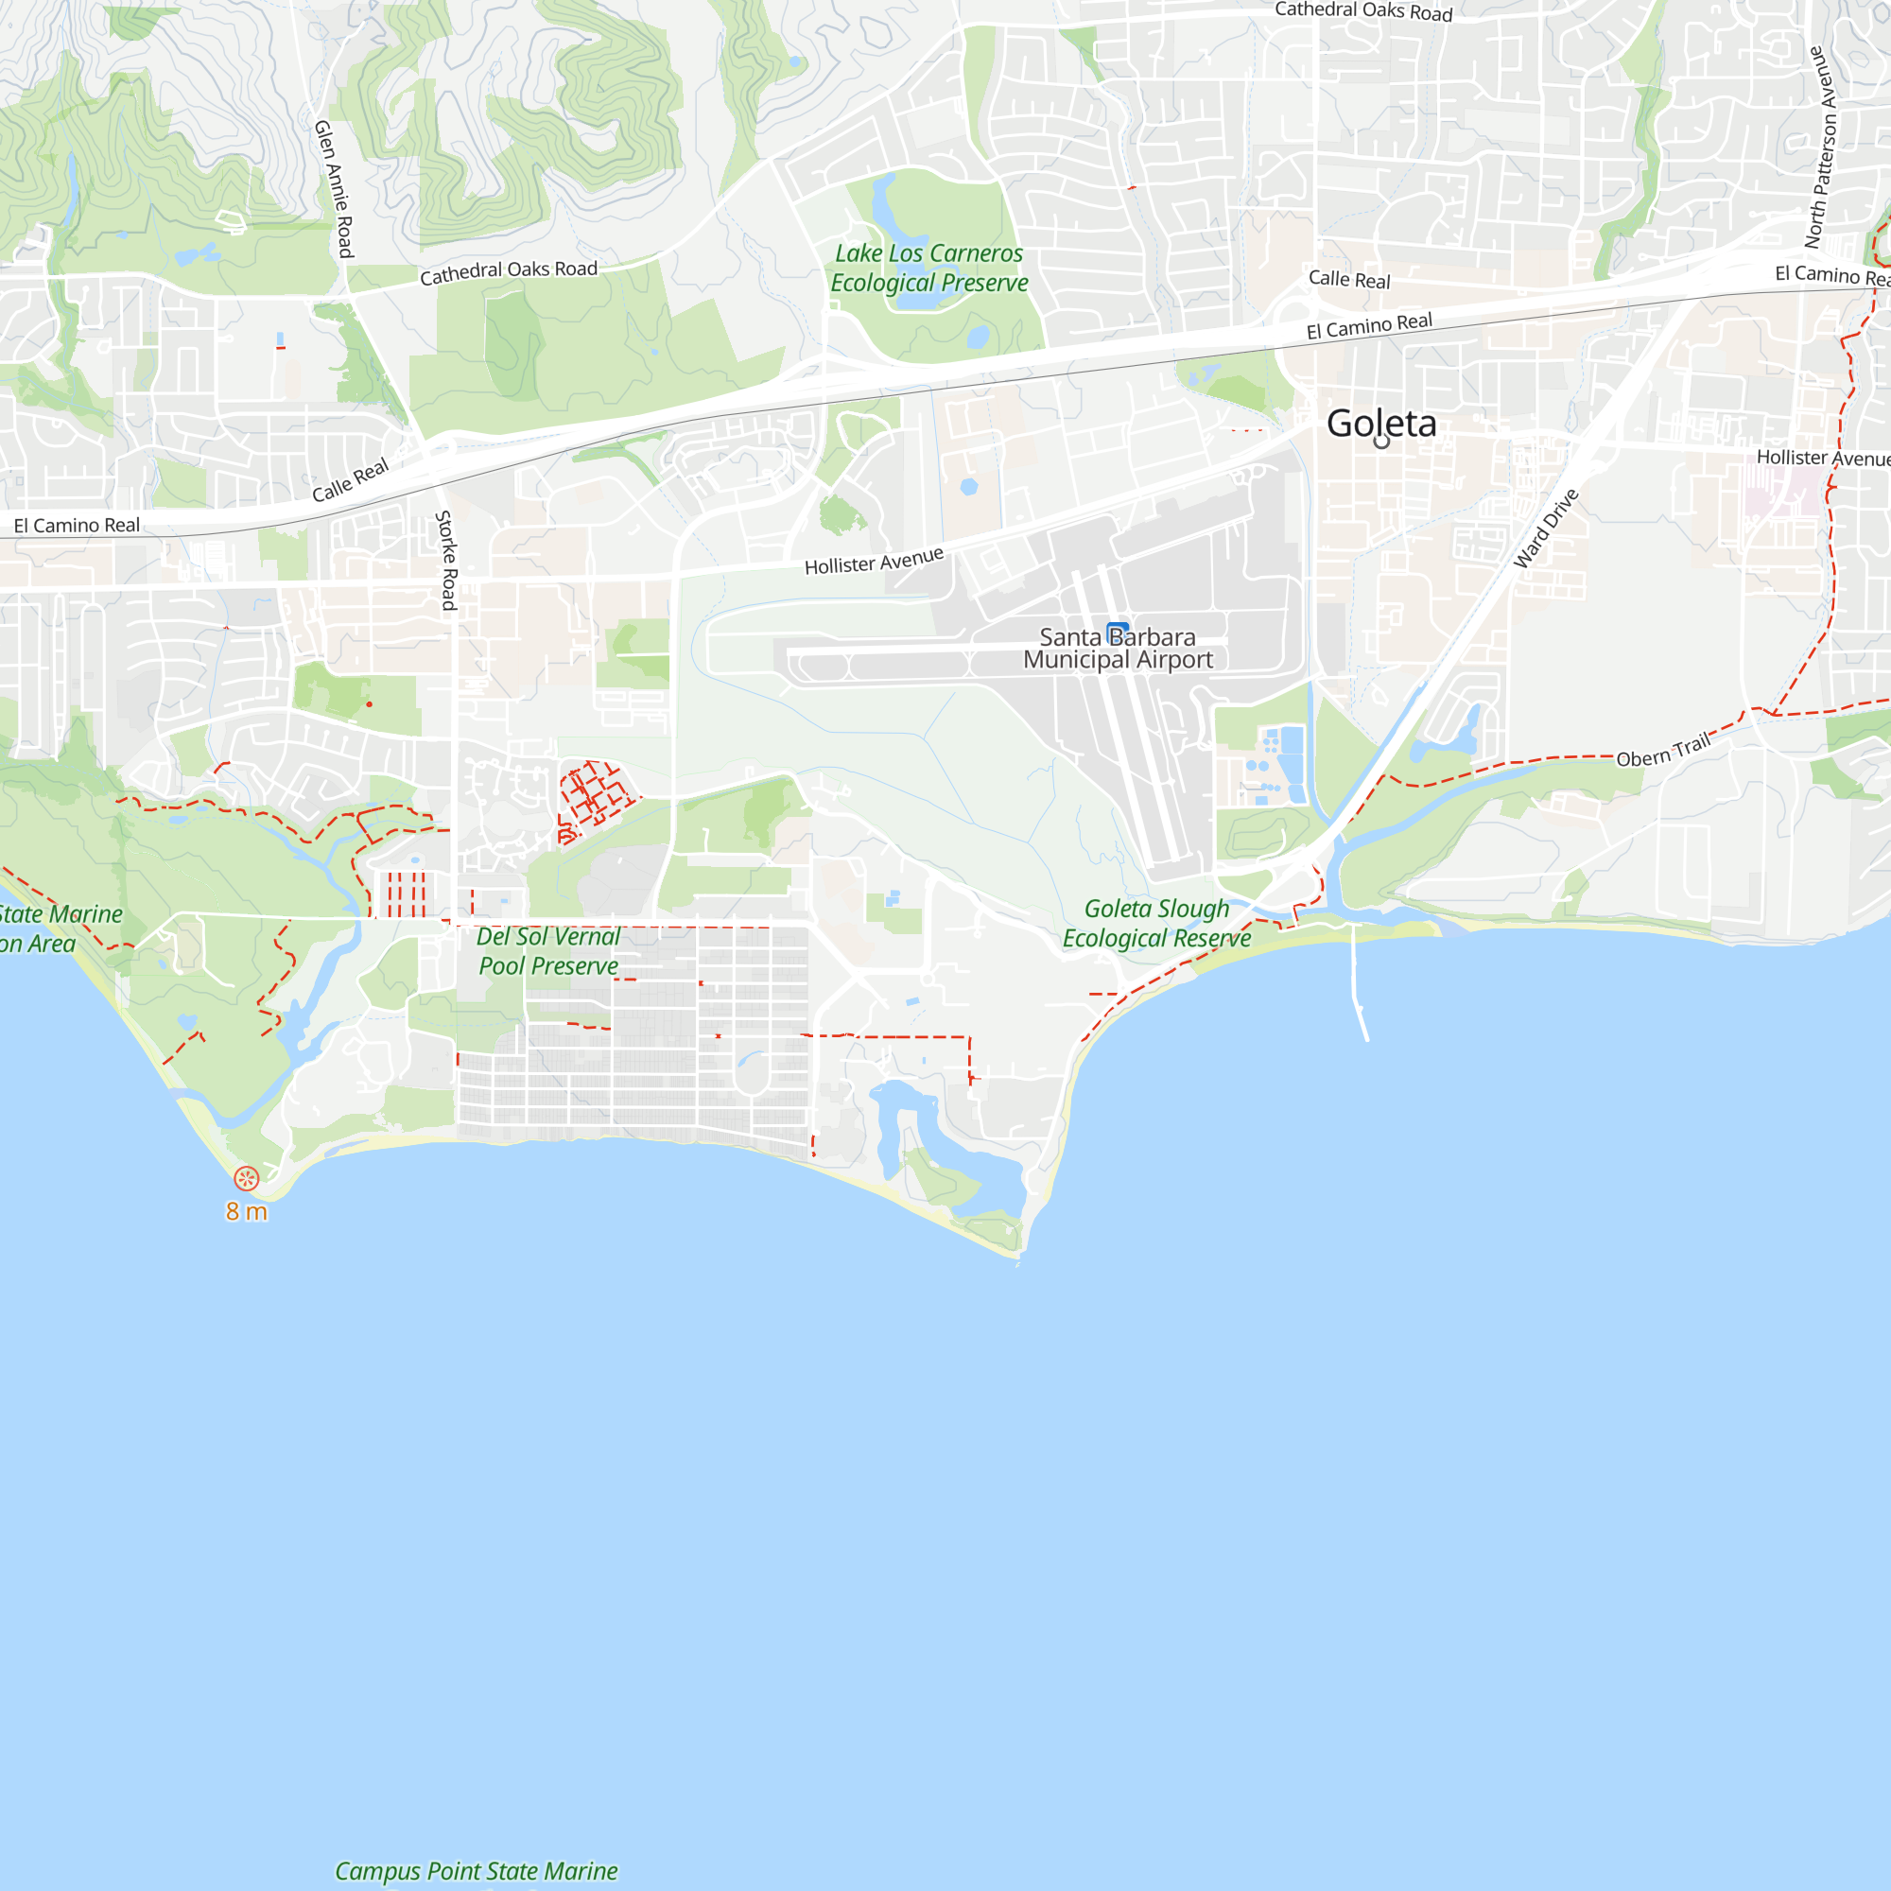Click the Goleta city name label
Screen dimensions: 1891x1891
(1381, 423)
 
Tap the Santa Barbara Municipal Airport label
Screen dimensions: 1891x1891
(1118, 649)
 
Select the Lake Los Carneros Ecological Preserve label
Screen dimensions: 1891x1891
(928, 269)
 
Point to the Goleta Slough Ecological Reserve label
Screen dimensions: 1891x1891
(1157, 923)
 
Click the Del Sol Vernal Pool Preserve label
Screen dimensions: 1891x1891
(548, 951)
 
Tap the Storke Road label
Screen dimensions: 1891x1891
(446, 561)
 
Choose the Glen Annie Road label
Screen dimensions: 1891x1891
(334, 189)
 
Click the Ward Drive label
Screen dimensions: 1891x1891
(1546, 529)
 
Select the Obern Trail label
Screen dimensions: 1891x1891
(1663, 751)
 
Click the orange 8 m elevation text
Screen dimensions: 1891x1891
(247, 1212)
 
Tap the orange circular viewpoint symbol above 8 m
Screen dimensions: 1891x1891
(247, 1178)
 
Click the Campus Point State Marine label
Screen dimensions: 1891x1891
(477, 1871)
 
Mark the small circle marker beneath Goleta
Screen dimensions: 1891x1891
(1381, 442)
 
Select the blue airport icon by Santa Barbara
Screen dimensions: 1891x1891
(1118, 633)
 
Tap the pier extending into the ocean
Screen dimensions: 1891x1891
(1360, 989)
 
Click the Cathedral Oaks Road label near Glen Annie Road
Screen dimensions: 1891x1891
(508, 272)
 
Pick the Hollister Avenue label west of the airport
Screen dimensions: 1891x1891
(874, 561)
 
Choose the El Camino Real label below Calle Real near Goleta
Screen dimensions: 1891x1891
(1369, 326)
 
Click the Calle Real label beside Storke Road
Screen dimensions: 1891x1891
(351, 480)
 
